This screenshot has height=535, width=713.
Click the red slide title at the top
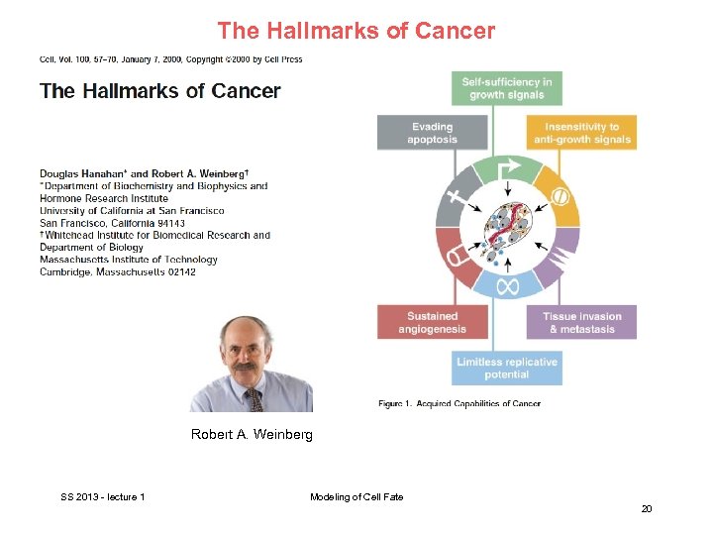click(x=356, y=31)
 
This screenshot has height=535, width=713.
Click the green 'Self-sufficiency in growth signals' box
click(x=507, y=88)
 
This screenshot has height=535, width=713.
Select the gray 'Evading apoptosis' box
click(x=432, y=133)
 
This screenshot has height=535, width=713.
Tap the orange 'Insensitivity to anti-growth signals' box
click(x=581, y=133)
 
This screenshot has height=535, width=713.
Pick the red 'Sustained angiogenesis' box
click(x=432, y=323)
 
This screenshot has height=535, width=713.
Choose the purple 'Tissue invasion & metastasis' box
click(x=581, y=323)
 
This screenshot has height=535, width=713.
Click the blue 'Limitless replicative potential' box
click(x=507, y=368)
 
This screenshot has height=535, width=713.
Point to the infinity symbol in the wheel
click(x=507, y=286)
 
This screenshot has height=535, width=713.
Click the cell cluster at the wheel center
click(x=507, y=229)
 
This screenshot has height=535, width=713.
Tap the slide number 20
click(x=647, y=509)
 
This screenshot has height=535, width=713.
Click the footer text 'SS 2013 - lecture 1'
click(x=103, y=496)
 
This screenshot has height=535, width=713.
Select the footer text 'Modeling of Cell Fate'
click(x=356, y=496)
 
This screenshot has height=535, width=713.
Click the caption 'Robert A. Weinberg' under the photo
click(x=252, y=435)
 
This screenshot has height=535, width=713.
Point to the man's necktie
click(x=256, y=400)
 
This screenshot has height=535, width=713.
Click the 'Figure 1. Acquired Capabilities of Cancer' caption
click(x=459, y=403)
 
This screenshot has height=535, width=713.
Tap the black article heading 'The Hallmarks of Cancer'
click(x=159, y=92)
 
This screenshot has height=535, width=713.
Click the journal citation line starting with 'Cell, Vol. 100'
click(x=170, y=59)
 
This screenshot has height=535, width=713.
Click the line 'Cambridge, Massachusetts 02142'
click(x=118, y=271)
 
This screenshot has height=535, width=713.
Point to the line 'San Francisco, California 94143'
click(x=112, y=223)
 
